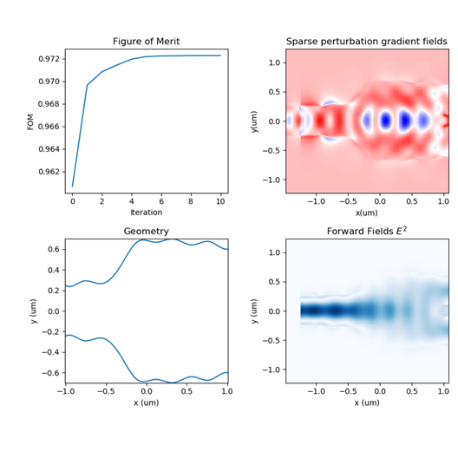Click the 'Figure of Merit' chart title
pos(146,41)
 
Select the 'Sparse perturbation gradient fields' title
pos(367,41)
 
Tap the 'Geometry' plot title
pos(146,232)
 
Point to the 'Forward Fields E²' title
pos(367,231)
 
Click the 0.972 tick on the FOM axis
pos(49,59)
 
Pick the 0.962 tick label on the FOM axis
pos(49,172)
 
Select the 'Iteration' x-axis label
pos(146,213)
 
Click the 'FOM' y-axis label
pos(30,121)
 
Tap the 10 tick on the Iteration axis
pos(220,201)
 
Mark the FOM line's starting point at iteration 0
pos(73,186)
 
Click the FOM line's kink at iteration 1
pos(88,85)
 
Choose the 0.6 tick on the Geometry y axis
pos(54,249)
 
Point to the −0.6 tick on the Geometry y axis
pos(51,373)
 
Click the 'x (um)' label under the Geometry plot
pos(146,402)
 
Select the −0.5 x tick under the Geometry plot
pos(106,391)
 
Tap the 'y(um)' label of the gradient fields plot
pos(254,121)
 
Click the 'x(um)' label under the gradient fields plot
pos(367,213)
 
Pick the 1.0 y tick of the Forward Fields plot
pos(275,252)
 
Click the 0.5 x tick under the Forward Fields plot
pos(412,391)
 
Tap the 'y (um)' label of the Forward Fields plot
pos(254,311)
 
